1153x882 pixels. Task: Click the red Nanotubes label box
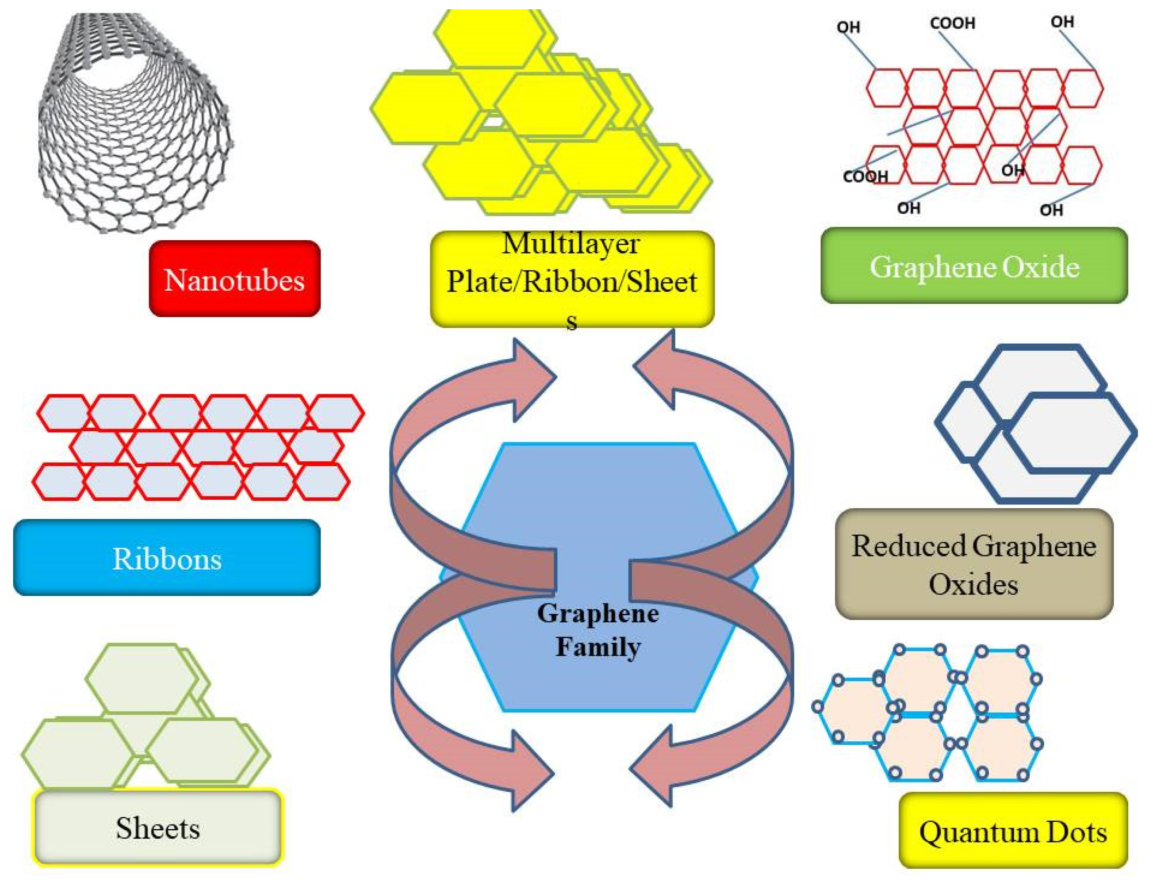coord(234,279)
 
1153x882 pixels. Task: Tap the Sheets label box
coord(157,828)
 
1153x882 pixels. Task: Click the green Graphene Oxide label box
coord(973,266)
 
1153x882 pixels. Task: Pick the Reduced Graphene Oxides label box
coord(973,564)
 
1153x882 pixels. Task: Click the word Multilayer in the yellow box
coord(571,244)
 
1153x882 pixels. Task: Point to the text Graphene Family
coord(598,630)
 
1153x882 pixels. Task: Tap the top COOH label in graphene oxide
coord(952,23)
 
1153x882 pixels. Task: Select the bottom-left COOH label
coord(866,176)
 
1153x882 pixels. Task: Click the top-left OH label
coord(848,27)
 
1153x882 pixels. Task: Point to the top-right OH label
coord(1062,22)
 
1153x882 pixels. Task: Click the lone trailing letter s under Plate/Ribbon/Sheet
coord(571,322)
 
